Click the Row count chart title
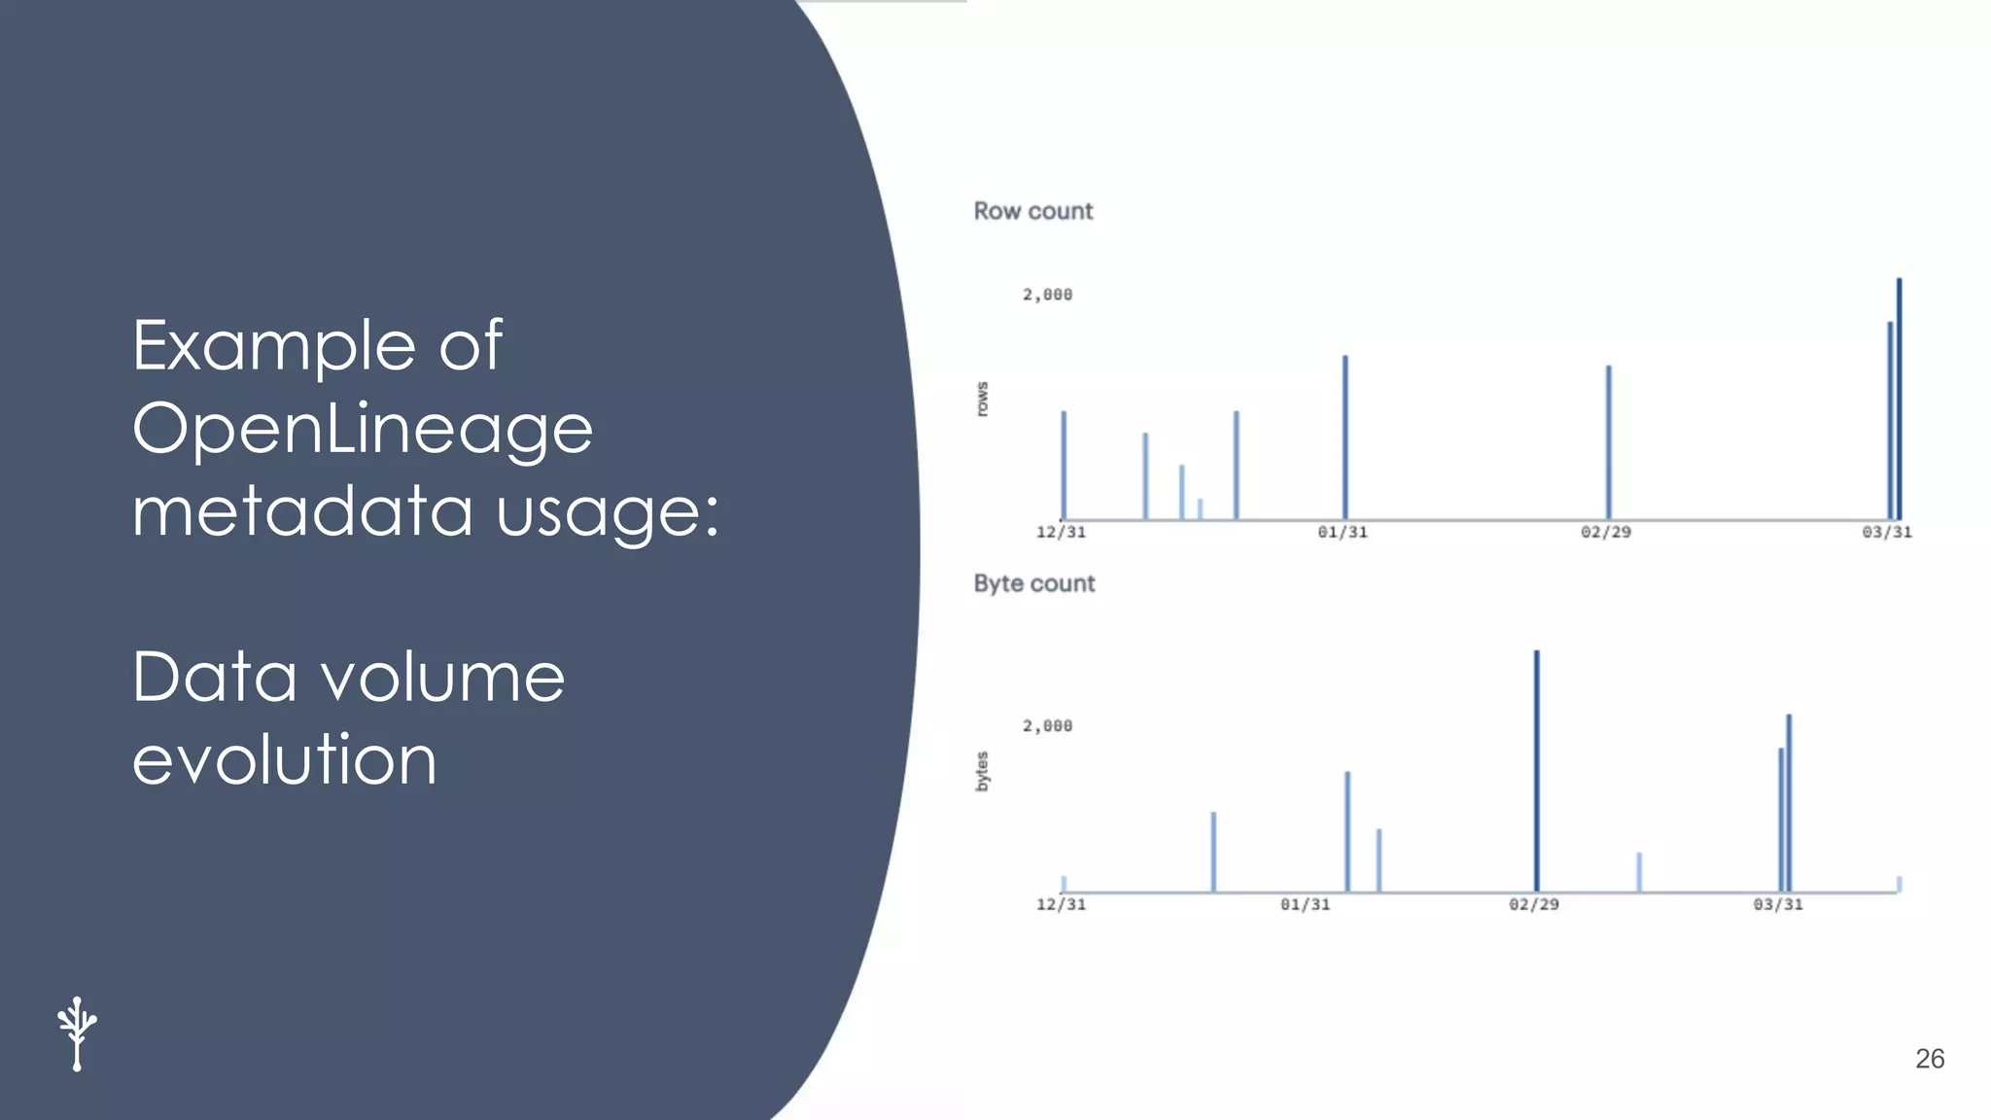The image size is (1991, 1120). coord(1032,211)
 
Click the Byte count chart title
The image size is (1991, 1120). coord(1033,583)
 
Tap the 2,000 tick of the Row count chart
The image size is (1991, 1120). coord(1047,295)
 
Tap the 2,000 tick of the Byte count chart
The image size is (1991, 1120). coord(1047,726)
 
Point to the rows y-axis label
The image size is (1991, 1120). coord(982,400)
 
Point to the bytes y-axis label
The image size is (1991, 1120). coord(982,771)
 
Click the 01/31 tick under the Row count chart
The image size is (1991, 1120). coord(1342,532)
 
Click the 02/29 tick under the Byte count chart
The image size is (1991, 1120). coord(1533,904)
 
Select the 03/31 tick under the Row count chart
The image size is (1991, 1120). coord(1886,532)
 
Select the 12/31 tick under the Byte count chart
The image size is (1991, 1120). coord(1061,904)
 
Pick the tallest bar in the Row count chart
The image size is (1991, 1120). coord(1899,399)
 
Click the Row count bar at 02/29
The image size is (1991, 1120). coord(1608,442)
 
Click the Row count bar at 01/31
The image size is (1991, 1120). coord(1345,437)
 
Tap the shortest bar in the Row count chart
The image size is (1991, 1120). coord(1200,509)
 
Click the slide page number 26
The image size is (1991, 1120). coord(1929,1059)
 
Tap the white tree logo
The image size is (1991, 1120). coord(77,1033)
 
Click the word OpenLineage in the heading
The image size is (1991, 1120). coord(363,429)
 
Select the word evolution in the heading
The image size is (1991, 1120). coord(284,760)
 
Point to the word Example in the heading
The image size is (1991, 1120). coord(274,346)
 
